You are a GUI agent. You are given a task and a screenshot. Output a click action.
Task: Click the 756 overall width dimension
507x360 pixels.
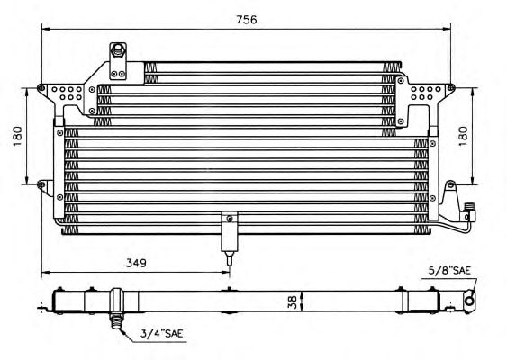pos(247,20)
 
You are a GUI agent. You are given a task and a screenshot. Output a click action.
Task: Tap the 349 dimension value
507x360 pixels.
pos(136,263)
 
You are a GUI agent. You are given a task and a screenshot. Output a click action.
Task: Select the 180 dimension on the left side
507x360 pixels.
pos(17,136)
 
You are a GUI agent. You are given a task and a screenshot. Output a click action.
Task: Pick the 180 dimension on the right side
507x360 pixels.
pos(464,136)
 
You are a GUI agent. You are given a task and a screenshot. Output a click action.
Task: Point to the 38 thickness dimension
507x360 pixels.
pos(292,302)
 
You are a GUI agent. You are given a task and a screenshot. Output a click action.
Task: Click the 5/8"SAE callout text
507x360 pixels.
pos(449,270)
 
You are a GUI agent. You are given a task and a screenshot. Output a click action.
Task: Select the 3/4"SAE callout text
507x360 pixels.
pos(162,333)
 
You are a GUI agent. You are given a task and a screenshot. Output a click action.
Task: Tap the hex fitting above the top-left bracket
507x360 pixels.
pos(117,50)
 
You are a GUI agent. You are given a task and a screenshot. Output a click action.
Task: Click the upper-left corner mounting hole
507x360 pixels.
pos(41,87)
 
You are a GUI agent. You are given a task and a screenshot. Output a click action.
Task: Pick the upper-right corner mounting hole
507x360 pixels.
pos(451,87)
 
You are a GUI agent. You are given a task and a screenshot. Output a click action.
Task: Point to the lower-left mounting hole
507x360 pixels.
pos(41,184)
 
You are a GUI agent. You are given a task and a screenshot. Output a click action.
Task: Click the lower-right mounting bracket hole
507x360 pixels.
pos(451,184)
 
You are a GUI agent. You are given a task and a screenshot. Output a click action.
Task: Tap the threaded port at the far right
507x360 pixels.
pos(469,212)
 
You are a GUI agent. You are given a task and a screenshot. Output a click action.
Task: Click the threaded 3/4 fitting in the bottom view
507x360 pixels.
pos(117,321)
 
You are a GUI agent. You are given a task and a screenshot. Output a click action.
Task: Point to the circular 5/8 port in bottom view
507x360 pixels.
pos(469,301)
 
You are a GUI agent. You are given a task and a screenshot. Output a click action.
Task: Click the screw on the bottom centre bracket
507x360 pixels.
pos(230,219)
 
